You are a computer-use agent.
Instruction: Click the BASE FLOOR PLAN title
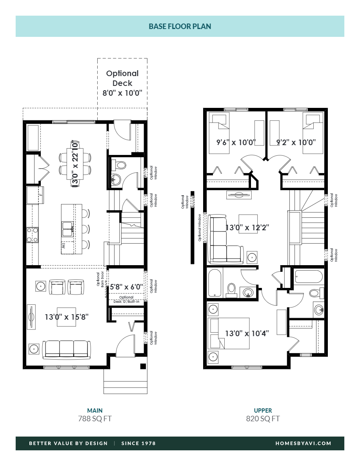coord(180,26)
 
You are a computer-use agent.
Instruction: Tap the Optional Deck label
coord(122,78)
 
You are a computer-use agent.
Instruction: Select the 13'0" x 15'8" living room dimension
coord(66,317)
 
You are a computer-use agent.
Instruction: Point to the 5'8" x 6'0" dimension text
coord(126,287)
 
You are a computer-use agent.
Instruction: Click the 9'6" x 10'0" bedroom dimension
coord(236,142)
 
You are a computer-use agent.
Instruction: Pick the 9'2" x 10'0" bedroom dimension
coord(296,142)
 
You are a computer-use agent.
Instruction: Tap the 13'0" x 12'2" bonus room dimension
coord(247,227)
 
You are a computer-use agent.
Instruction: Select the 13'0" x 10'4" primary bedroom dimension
coord(247,333)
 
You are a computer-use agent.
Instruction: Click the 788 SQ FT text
coord(95,419)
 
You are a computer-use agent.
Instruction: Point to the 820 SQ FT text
coord(263,419)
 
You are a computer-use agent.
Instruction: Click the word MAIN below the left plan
coord(95,410)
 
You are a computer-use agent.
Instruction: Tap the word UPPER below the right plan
coord(263,410)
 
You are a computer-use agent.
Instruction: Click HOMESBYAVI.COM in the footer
coord(303,443)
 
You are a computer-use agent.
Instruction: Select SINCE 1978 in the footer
coord(138,443)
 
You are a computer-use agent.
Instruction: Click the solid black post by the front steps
coord(143,366)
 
